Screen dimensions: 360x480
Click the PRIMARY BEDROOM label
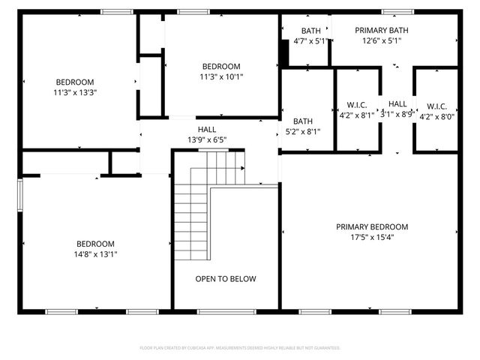pos(371,227)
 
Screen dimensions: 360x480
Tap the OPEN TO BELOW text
pos(226,279)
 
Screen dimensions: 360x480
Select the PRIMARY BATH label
pos(382,30)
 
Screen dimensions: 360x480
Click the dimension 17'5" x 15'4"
pos(371,237)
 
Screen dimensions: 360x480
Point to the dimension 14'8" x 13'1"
pos(95,253)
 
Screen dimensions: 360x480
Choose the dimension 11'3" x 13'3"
pos(75,92)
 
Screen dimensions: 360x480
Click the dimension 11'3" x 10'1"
pos(221,76)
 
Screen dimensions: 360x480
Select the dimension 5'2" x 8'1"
pos(303,131)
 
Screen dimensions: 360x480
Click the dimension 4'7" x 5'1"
pos(310,40)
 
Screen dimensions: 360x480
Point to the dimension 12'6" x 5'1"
pos(382,40)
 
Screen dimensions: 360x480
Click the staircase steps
pos(192,206)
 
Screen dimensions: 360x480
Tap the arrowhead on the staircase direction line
pos(242,169)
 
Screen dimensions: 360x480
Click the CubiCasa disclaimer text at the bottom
pos(240,348)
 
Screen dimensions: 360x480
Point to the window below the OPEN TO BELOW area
pos(225,311)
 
